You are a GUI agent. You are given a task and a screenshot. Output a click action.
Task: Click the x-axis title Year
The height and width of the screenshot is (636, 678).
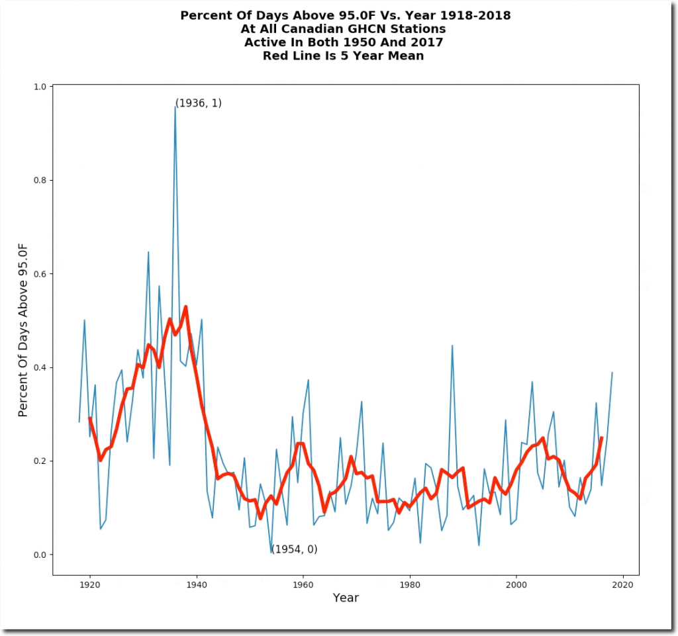346,598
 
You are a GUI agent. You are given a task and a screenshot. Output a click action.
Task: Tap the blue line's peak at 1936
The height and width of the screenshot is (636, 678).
175,107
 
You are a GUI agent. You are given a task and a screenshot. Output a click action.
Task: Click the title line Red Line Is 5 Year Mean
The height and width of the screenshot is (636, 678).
343,56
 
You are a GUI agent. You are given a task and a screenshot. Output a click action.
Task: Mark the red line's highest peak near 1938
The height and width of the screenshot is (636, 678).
185,307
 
